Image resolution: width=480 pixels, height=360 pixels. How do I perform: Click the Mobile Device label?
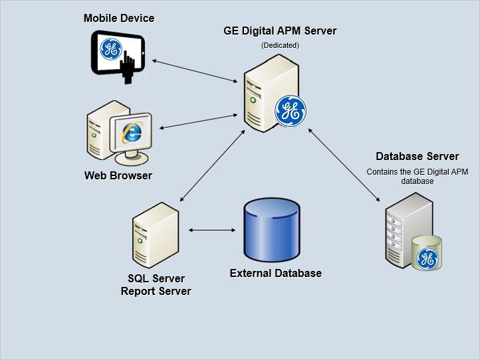119,19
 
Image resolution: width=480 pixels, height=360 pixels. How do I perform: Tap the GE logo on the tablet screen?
111,49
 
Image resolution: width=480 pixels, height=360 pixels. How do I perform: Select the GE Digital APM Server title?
280,31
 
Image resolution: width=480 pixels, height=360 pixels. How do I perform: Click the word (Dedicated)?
280,45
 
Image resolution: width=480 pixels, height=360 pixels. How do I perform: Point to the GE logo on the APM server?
291,111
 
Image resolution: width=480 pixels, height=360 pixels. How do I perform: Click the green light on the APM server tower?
253,100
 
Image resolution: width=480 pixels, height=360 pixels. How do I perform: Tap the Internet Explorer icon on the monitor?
132,132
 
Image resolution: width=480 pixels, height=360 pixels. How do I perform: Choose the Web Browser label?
118,175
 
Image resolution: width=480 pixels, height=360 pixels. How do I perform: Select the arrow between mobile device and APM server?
195,71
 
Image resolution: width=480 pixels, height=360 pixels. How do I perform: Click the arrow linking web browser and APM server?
198,122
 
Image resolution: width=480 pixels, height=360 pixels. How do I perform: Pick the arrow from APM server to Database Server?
344,165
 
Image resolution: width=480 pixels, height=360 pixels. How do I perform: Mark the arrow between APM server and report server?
213,165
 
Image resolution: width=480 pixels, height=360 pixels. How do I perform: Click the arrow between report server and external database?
212,230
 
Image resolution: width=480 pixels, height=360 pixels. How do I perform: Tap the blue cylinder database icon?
272,230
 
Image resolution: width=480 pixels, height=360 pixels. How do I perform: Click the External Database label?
276,273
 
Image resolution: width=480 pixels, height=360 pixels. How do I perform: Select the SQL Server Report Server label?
156,285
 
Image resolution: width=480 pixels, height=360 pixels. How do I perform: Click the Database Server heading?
418,156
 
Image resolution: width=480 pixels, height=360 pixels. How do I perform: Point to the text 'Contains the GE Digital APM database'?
418,177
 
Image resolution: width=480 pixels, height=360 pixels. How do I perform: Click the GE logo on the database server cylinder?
427,259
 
